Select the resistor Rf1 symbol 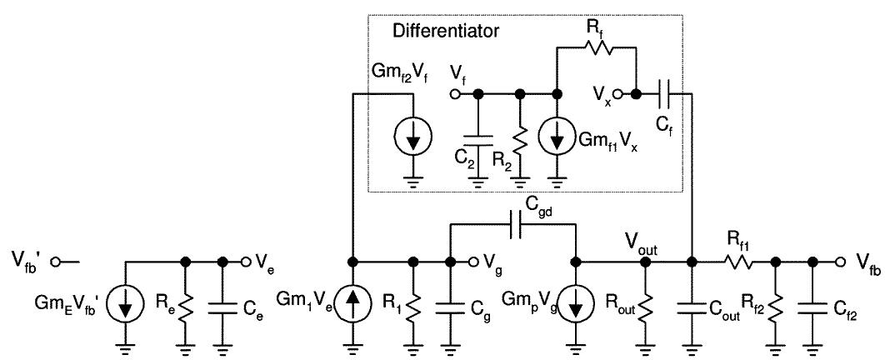(738, 262)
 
